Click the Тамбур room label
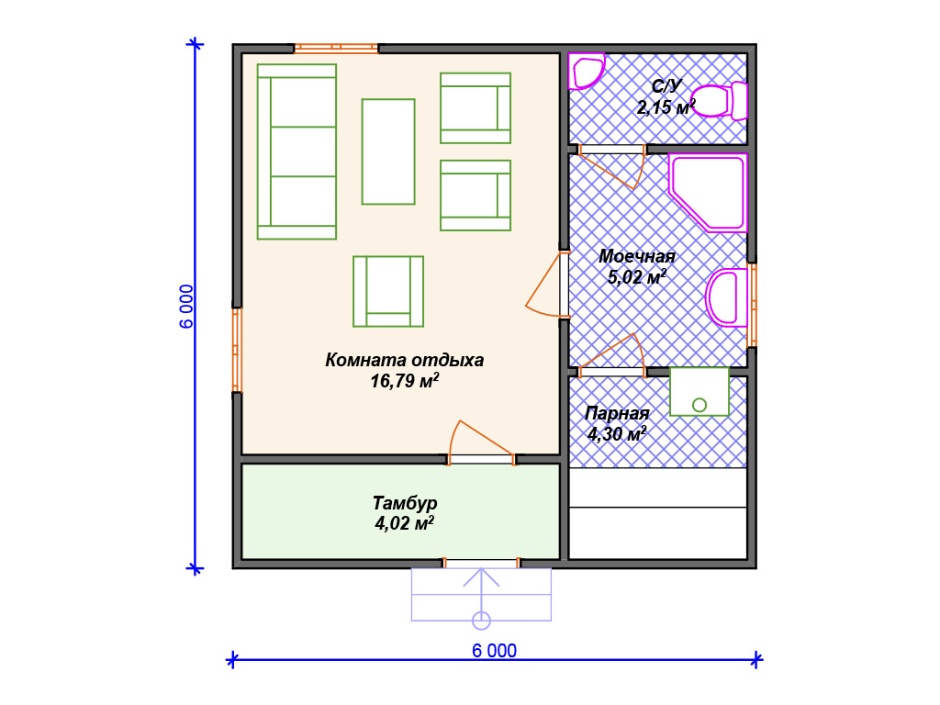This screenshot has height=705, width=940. click(405, 502)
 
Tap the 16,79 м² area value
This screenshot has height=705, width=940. click(405, 381)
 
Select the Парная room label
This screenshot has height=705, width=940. click(617, 413)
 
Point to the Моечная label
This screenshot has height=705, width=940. click(637, 257)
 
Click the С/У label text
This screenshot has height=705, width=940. click(666, 86)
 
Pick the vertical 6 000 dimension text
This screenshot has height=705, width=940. click(186, 307)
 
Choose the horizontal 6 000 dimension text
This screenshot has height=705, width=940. click(494, 651)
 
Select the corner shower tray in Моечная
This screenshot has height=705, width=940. click(708, 193)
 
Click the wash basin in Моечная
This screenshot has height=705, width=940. click(727, 297)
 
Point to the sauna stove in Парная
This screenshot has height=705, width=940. click(699, 391)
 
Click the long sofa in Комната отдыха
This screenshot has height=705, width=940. click(297, 151)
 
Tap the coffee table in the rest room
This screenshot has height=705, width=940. click(388, 151)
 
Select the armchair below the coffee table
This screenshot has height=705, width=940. click(388, 291)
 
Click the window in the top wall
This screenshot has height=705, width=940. click(336, 48)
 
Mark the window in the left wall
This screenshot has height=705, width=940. click(238, 350)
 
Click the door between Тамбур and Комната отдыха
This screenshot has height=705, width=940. click(481, 442)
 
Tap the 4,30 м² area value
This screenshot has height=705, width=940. click(617, 433)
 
